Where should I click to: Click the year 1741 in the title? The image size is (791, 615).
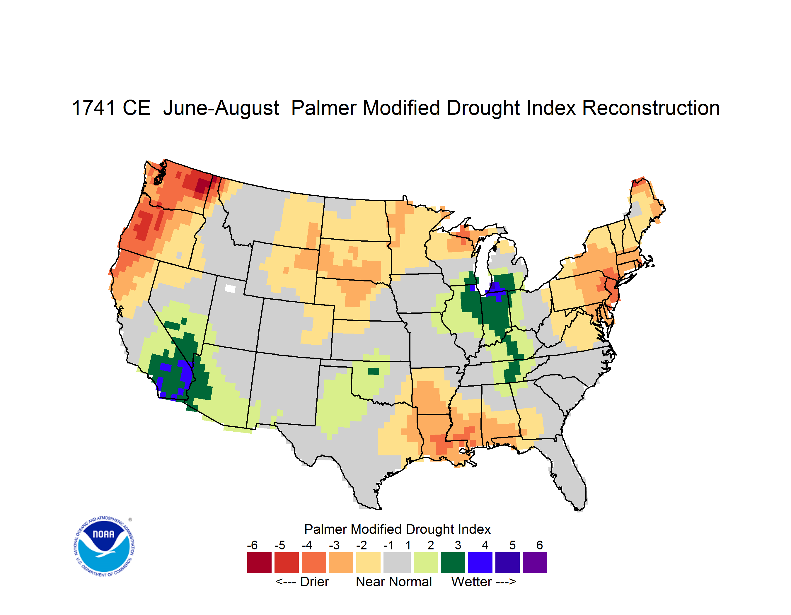click(93, 108)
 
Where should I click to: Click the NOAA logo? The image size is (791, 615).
click(104, 546)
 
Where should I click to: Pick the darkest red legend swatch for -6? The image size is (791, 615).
click(259, 563)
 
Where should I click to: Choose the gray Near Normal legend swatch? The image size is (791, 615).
click(397, 563)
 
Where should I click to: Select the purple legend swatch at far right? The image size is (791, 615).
click(535, 563)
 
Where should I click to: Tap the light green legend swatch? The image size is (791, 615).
click(426, 563)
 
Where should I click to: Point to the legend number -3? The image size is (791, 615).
click(334, 545)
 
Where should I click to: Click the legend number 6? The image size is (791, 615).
click(540, 545)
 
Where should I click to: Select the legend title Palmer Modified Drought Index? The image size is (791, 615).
click(397, 529)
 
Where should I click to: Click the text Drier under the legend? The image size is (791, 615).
click(314, 582)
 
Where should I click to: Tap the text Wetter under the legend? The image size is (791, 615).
click(472, 582)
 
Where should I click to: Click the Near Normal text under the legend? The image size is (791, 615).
click(394, 582)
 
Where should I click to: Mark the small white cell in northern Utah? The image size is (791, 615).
click(230, 288)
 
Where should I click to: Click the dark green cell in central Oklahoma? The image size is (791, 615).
click(374, 371)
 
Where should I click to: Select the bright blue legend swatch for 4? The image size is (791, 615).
click(480, 563)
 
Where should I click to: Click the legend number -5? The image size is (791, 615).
click(279, 545)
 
